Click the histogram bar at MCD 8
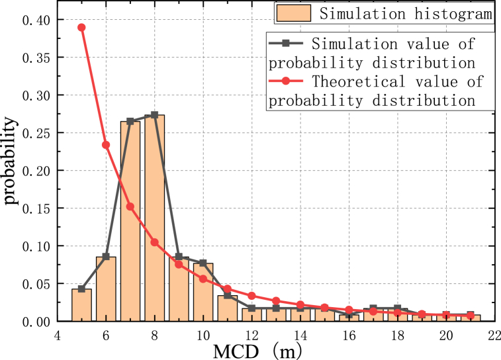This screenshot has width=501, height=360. tap(154, 218)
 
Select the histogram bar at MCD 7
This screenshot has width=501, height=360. tap(130, 222)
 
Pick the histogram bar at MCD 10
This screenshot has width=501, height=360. tap(203, 292)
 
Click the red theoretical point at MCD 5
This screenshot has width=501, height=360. tap(81, 27)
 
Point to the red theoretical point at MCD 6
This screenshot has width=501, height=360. tap(106, 144)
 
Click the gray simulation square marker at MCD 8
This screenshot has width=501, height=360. tap(154, 114)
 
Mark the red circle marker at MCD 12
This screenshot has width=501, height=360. tap(251, 295)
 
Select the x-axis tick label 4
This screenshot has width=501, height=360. tap(57, 336)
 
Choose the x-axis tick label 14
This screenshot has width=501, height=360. tap(300, 336)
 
